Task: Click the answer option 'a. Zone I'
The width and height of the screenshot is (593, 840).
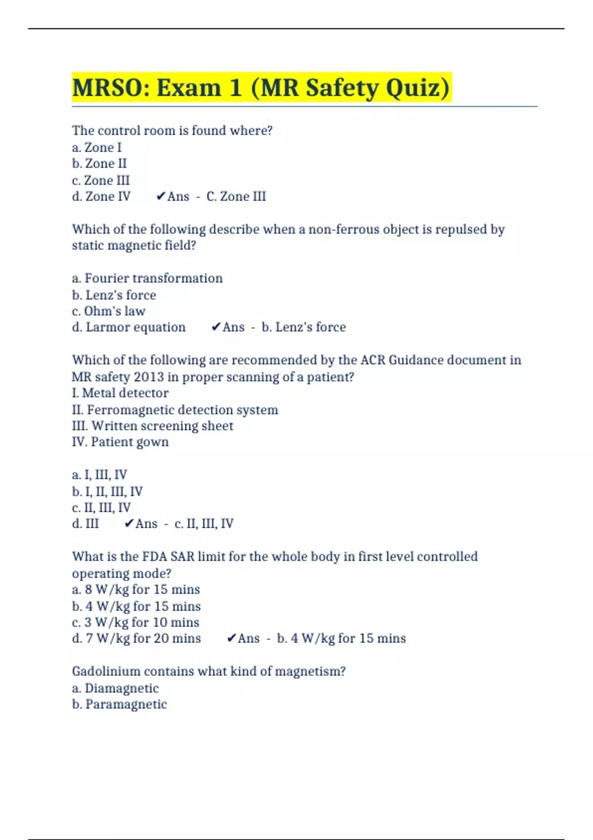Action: tap(97, 147)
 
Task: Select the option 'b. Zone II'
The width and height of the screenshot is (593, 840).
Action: tap(99, 164)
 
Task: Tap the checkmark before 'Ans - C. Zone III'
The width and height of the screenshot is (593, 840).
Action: tap(160, 197)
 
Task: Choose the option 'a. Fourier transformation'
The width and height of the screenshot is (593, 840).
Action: tap(147, 278)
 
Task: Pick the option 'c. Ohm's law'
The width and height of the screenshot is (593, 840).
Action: tap(109, 311)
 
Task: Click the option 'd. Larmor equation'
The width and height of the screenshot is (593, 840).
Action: tap(129, 327)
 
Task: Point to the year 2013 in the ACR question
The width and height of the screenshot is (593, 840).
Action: tap(149, 377)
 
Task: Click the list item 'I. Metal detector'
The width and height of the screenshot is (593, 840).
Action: tap(120, 393)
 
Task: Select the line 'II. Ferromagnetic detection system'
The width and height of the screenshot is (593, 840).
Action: tap(175, 410)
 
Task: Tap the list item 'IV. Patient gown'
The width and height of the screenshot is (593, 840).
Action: tap(120, 442)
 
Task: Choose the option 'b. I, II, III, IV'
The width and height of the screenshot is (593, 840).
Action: tap(107, 492)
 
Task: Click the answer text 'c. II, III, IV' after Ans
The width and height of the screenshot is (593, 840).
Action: tap(204, 524)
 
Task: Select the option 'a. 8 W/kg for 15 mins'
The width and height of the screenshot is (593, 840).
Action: tap(136, 589)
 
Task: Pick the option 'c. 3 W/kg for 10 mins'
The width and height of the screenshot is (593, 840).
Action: tap(136, 622)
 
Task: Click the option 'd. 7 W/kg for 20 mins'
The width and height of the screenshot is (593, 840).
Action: tap(136, 638)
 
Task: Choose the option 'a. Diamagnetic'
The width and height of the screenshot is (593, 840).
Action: tap(115, 688)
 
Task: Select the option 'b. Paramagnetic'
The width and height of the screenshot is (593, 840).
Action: tap(120, 704)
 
